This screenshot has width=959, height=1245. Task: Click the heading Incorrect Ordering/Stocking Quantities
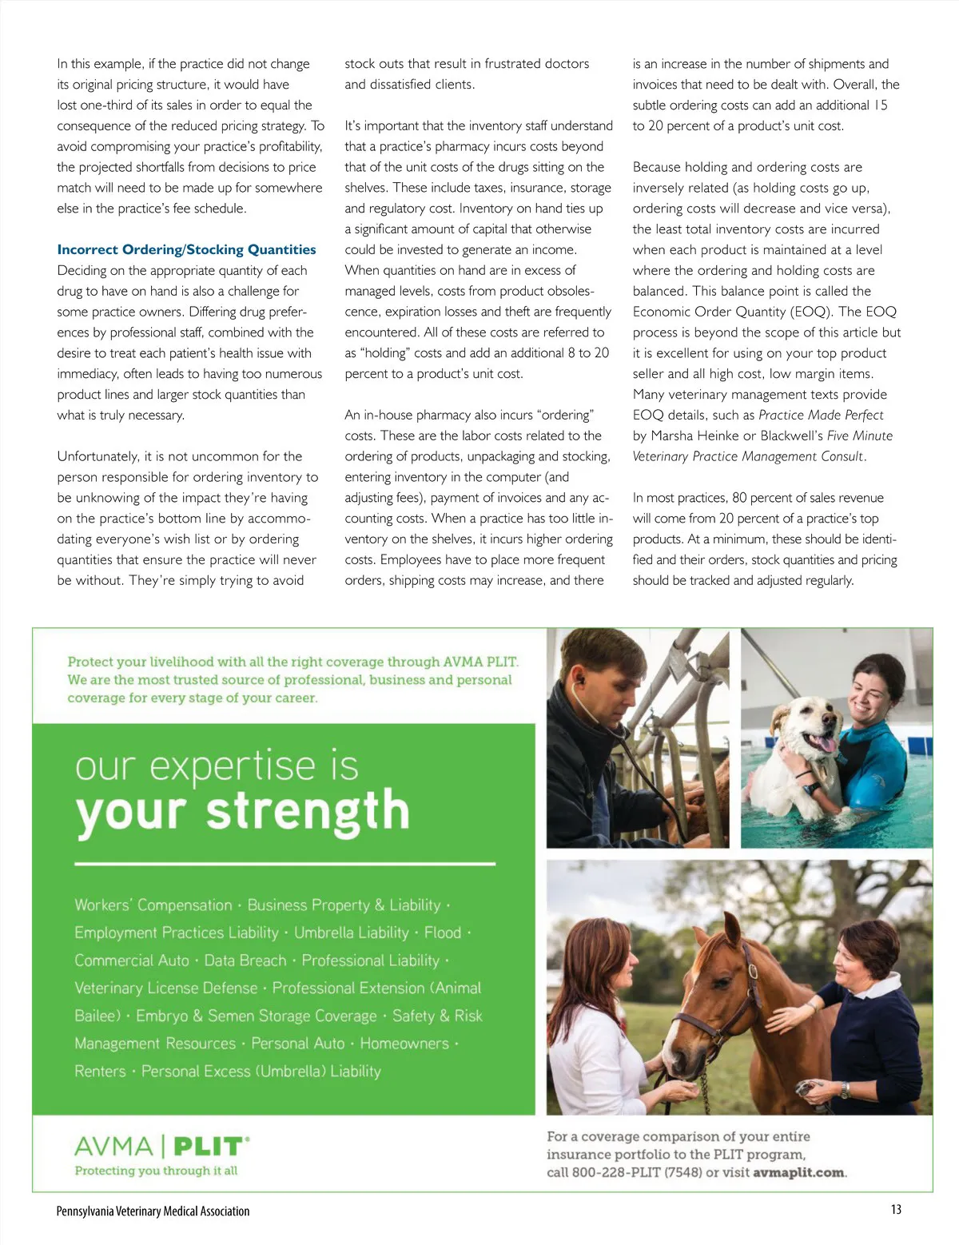point(186,250)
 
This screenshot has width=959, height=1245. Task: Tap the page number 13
point(896,1209)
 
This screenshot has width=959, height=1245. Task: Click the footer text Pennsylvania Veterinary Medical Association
point(153,1211)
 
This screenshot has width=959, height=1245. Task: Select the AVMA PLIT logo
point(161,1148)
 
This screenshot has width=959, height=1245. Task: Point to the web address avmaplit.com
point(798,1173)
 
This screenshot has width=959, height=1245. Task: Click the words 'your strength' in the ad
point(243,812)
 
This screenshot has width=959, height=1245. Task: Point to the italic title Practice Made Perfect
point(821,416)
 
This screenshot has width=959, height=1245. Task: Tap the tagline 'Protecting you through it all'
point(156,1171)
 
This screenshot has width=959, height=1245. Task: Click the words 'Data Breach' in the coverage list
point(245,961)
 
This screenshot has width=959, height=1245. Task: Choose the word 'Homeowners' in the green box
point(404,1044)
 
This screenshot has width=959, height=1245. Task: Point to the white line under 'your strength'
point(285,864)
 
